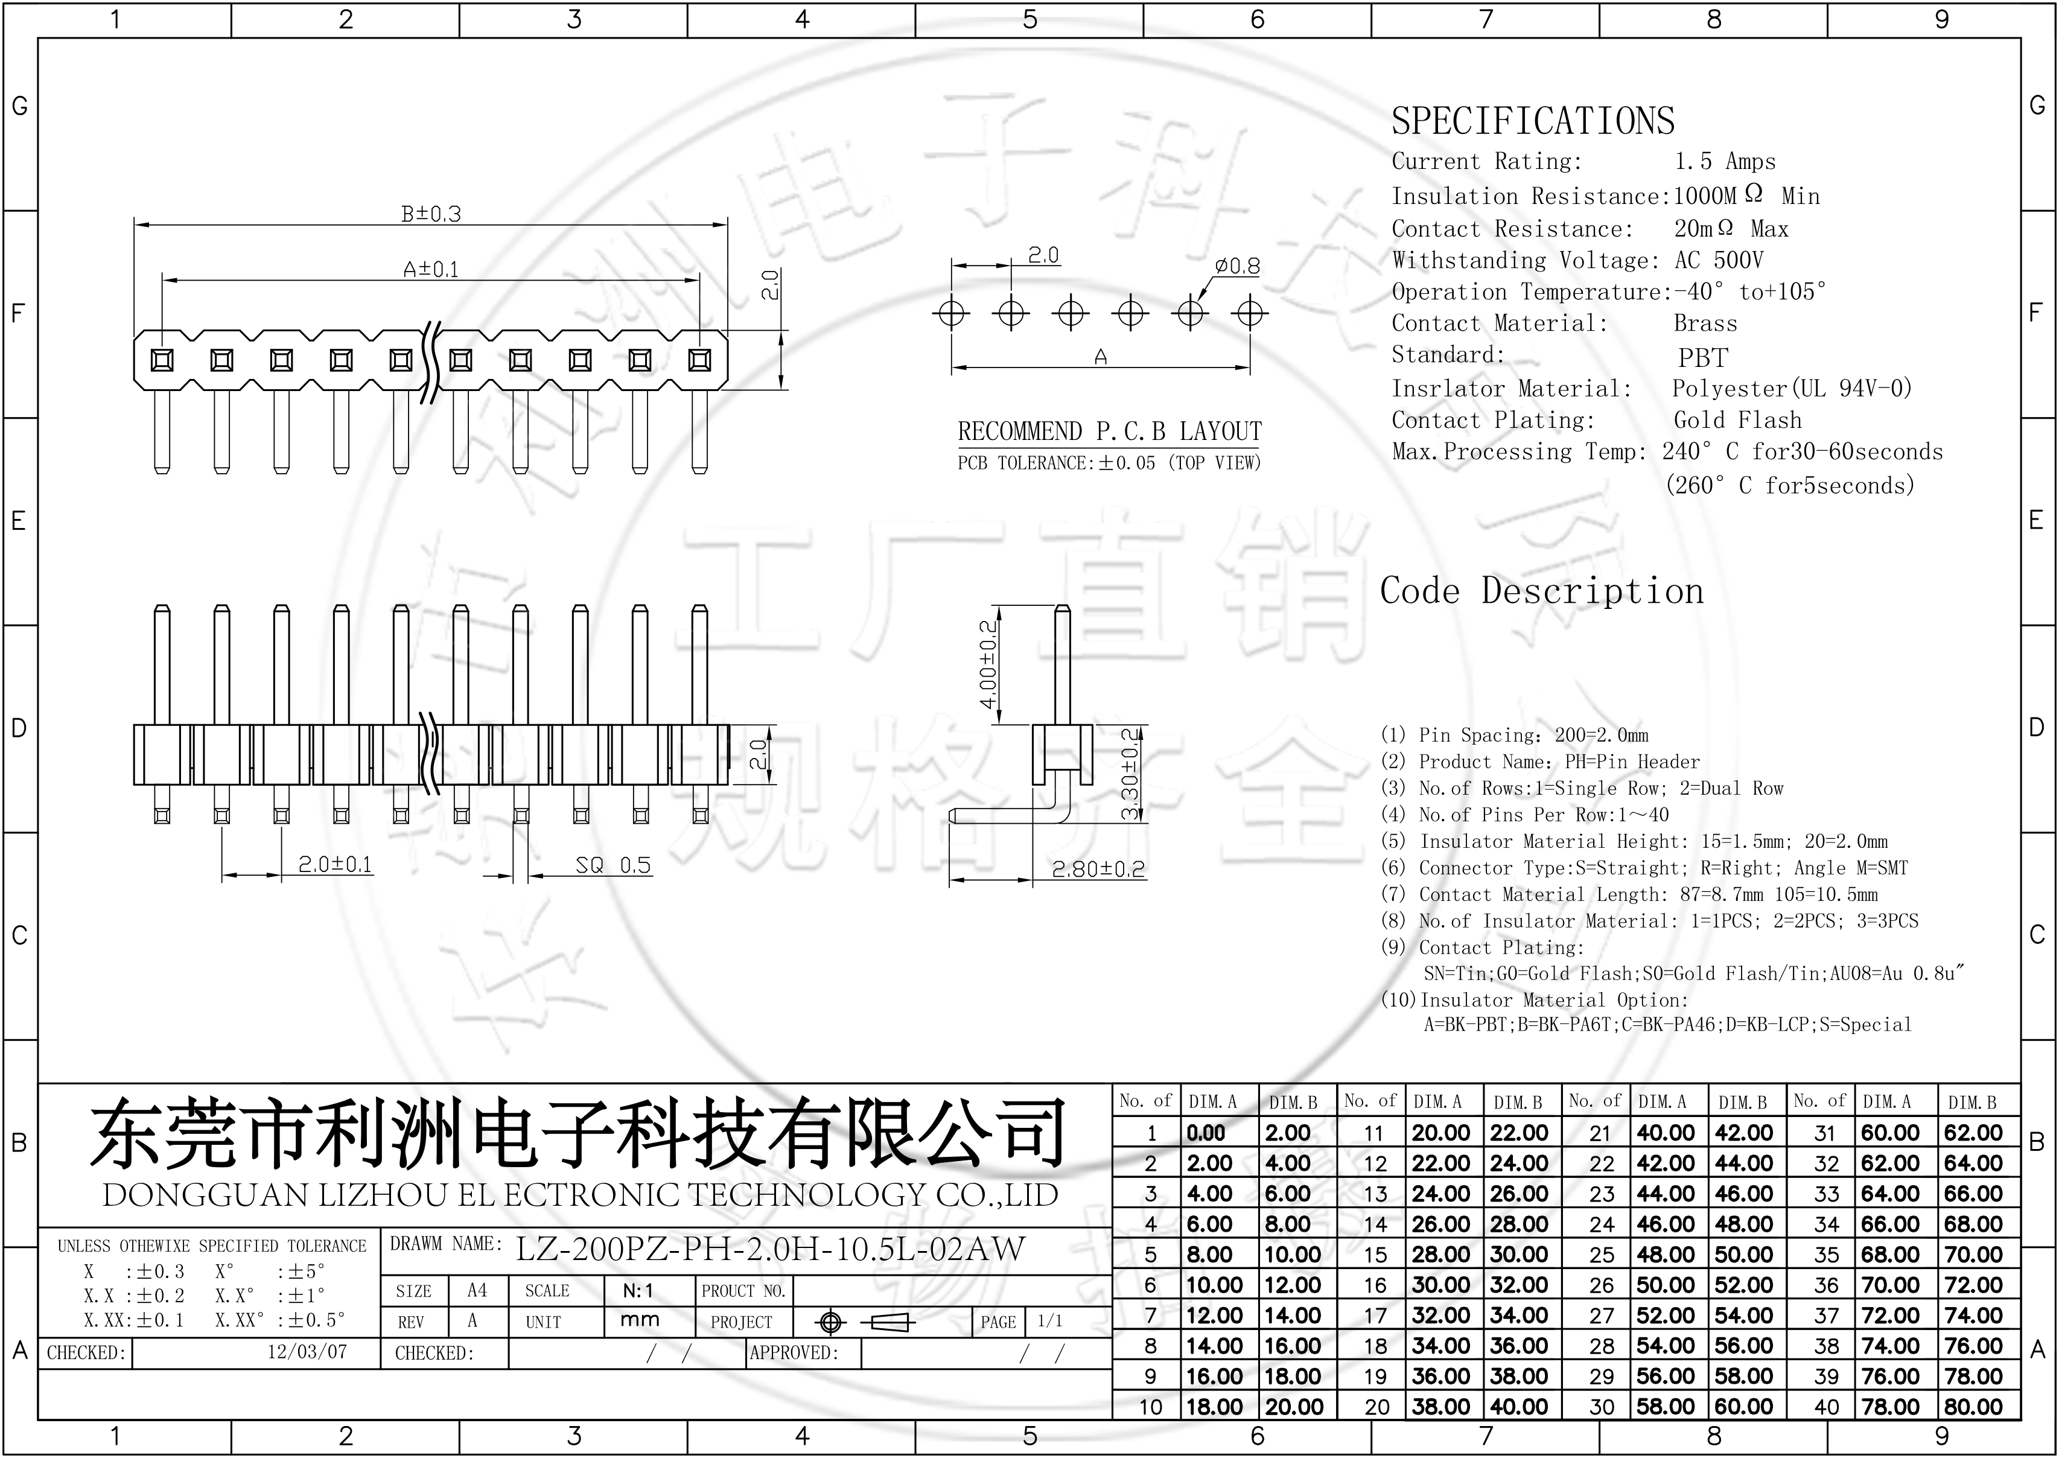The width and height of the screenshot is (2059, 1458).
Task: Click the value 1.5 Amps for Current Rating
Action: [1724, 162]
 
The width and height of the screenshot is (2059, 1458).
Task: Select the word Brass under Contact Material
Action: [1704, 323]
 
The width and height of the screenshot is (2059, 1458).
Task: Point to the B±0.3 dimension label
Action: [431, 214]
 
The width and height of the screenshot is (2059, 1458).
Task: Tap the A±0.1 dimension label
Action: [431, 269]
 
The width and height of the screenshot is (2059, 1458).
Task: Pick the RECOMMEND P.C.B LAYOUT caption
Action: [1109, 432]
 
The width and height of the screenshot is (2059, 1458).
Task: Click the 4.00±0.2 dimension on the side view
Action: [987, 664]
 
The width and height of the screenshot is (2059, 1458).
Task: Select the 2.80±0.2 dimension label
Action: [1098, 868]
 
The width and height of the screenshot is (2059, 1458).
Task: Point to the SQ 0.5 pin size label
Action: [613, 865]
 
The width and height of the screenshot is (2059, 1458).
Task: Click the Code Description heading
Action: [1541, 591]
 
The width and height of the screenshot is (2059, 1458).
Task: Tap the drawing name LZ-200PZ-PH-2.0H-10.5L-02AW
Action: [769, 1249]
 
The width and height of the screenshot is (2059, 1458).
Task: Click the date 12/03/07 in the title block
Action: [307, 1352]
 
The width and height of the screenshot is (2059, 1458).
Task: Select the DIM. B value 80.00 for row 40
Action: [1973, 1407]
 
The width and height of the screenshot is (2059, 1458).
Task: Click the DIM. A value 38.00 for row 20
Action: [1440, 1407]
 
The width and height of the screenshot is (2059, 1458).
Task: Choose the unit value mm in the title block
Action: [639, 1320]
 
